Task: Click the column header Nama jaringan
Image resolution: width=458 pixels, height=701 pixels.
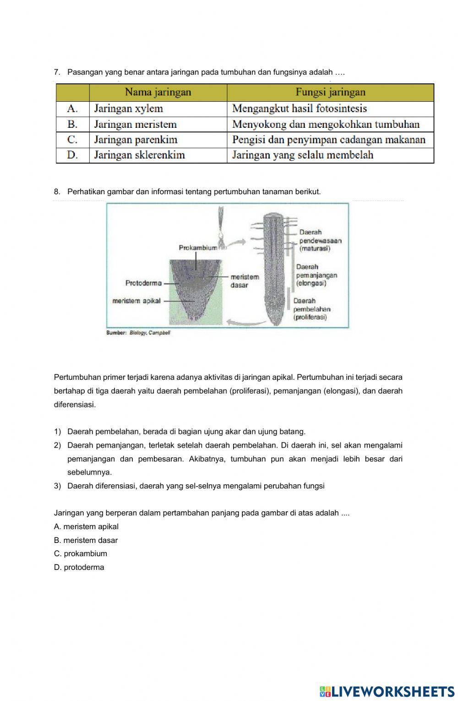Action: coord(158,93)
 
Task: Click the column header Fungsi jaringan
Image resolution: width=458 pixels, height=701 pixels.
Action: coord(330,93)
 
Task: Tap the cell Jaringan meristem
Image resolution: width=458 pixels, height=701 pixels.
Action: coord(135,125)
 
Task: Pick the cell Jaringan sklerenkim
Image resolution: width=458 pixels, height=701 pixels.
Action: coord(139,155)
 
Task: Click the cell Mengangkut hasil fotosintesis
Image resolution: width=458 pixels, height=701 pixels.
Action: coord(300,109)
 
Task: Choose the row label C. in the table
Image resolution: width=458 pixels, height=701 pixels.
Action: coord(72,140)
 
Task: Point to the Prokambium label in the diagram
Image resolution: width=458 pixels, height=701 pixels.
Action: coord(197,248)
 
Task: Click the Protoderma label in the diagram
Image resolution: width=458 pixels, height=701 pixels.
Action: coord(143,283)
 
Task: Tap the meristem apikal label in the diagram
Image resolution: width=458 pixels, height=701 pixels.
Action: coord(136,301)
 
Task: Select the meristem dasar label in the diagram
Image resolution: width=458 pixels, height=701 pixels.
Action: coord(245,281)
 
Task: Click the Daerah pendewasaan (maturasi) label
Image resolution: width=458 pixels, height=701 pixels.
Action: coord(320,241)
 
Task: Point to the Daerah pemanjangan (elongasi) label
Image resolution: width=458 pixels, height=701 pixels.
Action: coord(316,275)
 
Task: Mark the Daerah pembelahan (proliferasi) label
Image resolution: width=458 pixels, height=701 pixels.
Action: coord(311,309)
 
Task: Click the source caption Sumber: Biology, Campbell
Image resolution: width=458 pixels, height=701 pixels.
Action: coord(138,333)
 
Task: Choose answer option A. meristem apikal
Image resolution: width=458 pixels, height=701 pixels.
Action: coord(86,527)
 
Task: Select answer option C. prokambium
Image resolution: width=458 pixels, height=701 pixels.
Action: coord(81,553)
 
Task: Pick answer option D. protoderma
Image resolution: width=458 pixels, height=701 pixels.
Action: coord(79,567)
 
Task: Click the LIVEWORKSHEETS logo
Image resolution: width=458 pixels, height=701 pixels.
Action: coord(387,691)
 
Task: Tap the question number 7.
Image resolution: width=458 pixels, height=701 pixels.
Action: coord(57,72)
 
